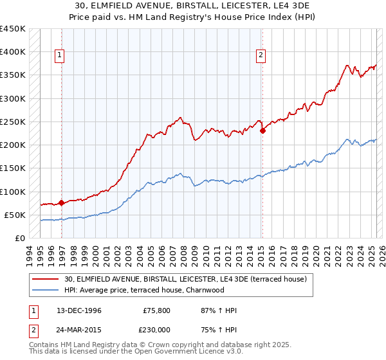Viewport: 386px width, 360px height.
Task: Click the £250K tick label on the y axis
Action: tap(13, 122)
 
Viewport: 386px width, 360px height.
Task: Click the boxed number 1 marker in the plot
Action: tap(59, 56)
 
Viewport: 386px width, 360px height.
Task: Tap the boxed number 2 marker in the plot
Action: tap(261, 56)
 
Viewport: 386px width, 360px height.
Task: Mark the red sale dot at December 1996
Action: tap(62, 203)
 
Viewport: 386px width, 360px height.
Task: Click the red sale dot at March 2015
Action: tap(262, 131)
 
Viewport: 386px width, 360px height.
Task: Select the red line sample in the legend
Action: tap(46, 279)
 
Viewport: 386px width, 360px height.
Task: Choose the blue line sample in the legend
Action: tap(46, 290)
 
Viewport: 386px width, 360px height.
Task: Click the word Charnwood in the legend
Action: tap(205, 290)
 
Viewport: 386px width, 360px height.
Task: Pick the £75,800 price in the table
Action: tap(156, 311)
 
